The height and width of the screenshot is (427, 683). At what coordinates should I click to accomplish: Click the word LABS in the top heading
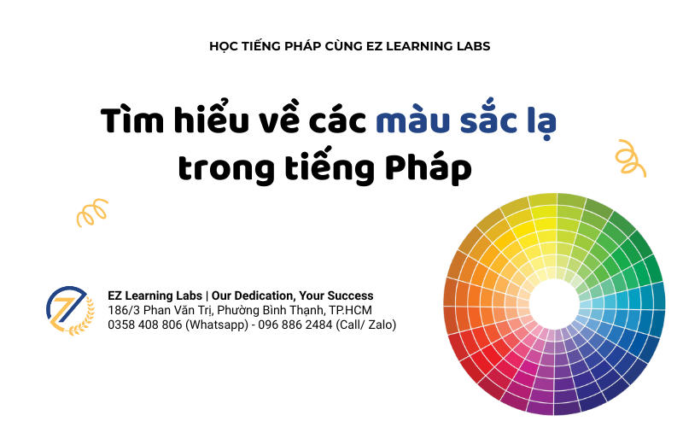[x=470, y=46]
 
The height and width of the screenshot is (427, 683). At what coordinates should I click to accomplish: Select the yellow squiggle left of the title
[x=92, y=213]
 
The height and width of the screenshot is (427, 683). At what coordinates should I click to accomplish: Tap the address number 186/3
[x=123, y=310]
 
